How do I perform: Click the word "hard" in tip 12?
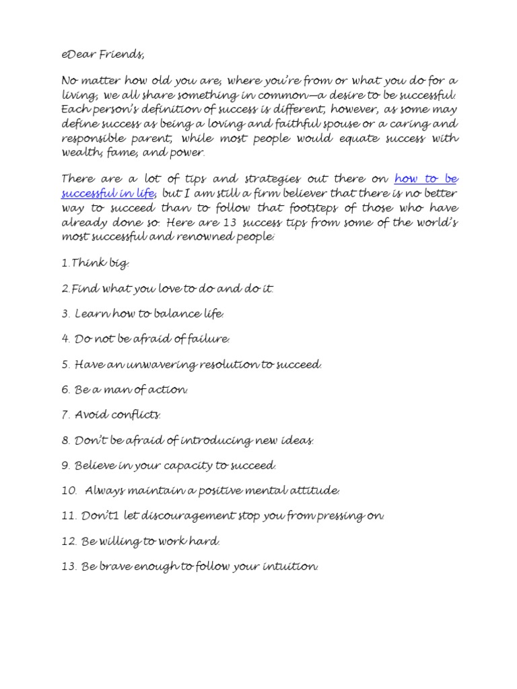205,542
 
